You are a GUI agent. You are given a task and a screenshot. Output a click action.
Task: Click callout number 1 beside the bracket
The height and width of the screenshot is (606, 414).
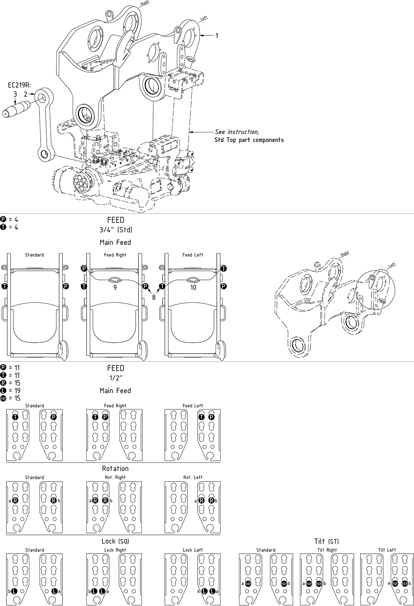click(216, 36)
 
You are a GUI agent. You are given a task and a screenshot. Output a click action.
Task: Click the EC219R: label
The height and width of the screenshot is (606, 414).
click(19, 85)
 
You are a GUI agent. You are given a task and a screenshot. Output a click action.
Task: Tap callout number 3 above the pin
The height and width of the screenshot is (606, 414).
click(15, 94)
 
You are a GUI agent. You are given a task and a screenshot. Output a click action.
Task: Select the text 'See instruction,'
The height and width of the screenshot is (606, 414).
click(237, 132)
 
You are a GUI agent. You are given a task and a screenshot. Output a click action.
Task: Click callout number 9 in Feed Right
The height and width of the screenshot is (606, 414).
click(115, 287)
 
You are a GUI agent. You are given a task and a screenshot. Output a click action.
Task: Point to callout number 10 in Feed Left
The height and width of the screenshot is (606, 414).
click(193, 287)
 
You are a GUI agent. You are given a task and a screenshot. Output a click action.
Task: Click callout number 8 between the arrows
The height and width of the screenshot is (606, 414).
click(154, 297)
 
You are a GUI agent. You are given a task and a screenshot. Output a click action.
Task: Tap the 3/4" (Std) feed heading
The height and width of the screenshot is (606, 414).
click(116, 229)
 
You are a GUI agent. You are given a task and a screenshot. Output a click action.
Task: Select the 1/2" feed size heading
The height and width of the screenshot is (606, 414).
click(116, 378)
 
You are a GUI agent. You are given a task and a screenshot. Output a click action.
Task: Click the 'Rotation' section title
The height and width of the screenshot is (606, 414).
click(115, 468)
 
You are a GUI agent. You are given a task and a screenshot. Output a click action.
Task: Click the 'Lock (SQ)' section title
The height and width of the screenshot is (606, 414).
click(115, 541)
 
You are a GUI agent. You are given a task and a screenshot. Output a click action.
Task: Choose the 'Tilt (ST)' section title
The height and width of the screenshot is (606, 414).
click(326, 541)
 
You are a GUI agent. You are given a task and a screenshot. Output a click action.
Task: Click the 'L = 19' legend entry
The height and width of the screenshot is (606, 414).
click(11, 390)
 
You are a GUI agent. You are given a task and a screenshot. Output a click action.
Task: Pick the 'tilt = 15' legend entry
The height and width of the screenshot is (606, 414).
click(11, 398)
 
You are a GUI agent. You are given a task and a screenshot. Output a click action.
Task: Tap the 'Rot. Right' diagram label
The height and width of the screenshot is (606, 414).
click(115, 477)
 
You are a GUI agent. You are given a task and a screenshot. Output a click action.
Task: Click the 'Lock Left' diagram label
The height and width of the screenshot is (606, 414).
click(193, 550)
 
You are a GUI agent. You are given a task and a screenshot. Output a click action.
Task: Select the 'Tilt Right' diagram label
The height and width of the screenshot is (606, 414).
click(327, 550)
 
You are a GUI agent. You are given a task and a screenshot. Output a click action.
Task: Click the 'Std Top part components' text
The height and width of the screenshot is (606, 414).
click(249, 140)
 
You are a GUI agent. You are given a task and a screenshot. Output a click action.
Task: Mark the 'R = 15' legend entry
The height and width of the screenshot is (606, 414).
click(11, 383)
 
